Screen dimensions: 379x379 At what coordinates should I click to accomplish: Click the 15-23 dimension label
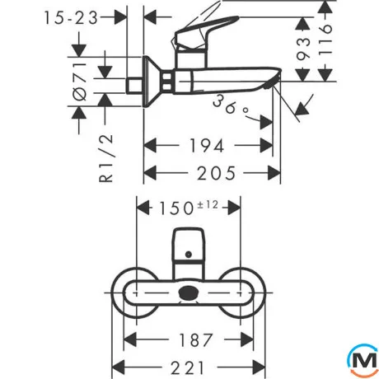pyautogui.click(x=71, y=18)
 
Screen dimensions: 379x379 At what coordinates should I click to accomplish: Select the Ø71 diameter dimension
pyautogui.click(x=80, y=82)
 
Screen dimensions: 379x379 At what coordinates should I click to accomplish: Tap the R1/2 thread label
pyautogui.click(x=105, y=158)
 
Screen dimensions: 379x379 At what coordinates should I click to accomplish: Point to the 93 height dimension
pyautogui.click(x=303, y=49)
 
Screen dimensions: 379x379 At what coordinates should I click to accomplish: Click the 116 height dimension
pyautogui.click(x=325, y=40)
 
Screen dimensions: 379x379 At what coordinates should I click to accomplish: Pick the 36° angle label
pyautogui.click(x=231, y=105)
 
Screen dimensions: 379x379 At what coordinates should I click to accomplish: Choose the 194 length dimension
pyautogui.click(x=207, y=146)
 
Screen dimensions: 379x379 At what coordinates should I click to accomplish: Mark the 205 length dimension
pyautogui.click(x=216, y=173)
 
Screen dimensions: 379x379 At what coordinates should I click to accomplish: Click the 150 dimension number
pyautogui.click(x=176, y=208)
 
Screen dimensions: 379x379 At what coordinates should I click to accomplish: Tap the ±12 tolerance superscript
pyautogui.click(x=208, y=204)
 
